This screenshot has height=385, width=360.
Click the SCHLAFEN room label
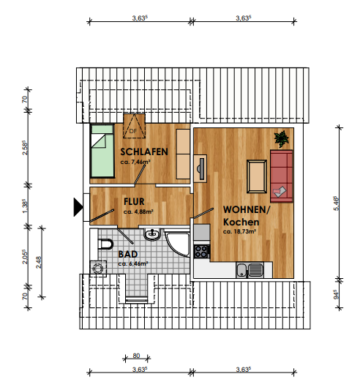tap(143, 151)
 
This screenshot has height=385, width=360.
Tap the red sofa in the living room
tap(283, 175)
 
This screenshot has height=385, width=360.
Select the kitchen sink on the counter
tap(245, 268)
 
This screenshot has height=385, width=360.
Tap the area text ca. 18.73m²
tap(241, 231)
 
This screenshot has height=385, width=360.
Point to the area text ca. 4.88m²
tap(137, 212)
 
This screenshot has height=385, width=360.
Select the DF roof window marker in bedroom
tap(132, 129)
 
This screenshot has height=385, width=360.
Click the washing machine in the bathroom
tap(97, 268)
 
